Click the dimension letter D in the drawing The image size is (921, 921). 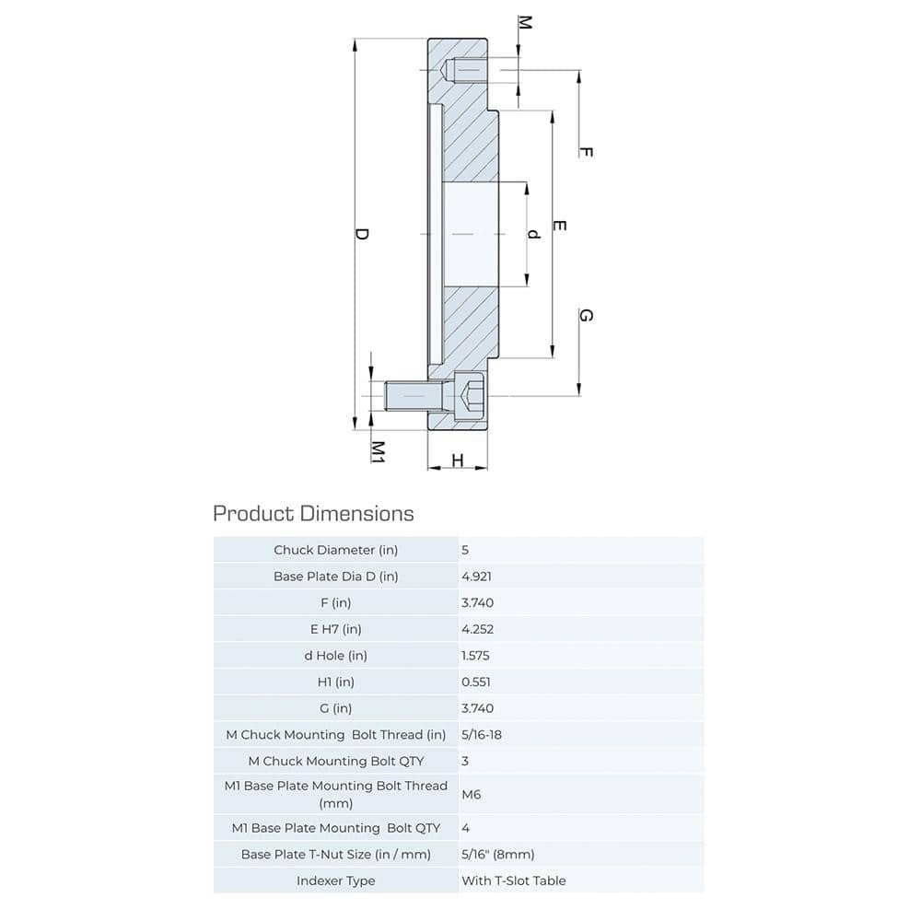tap(362, 234)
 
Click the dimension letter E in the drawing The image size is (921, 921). tap(559, 226)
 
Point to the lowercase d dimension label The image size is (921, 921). tap(532, 234)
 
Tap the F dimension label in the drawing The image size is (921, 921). tap(585, 151)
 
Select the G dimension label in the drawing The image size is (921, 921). tap(585, 316)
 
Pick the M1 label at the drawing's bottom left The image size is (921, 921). tap(378, 450)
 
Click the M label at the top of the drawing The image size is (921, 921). tap(524, 22)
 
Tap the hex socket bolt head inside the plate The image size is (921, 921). tap(470, 397)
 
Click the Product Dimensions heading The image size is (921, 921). tap(313, 513)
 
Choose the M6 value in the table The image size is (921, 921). tap(471, 794)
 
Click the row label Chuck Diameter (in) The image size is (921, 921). tap(336, 550)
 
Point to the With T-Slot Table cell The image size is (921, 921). tap(513, 880)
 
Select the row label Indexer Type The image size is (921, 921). tap(336, 880)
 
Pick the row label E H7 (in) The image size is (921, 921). tap(336, 629)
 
